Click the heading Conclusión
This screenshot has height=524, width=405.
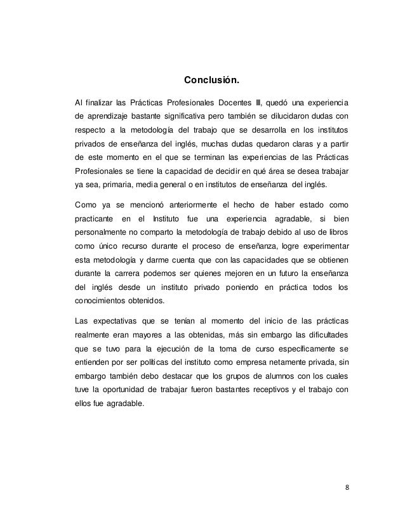(211, 81)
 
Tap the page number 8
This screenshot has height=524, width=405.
(347, 488)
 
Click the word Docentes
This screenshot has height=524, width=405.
(235, 102)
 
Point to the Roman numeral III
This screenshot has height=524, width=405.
(258, 102)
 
